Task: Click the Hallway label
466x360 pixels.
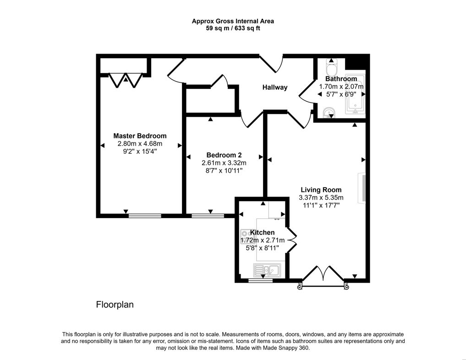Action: point(274,87)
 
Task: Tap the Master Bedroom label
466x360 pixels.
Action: point(140,136)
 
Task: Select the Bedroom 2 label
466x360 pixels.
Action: point(224,155)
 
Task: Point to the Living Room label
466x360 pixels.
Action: point(321,190)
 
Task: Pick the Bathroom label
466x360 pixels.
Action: point(341,79)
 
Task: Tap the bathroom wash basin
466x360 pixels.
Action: point(328,112)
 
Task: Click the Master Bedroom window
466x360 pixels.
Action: point(144,215)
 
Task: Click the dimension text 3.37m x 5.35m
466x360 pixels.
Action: point(321,198)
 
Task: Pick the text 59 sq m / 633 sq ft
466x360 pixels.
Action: point(233,28)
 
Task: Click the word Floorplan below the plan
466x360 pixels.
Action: point(115,305)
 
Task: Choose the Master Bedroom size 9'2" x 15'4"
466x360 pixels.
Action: point(140,152)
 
